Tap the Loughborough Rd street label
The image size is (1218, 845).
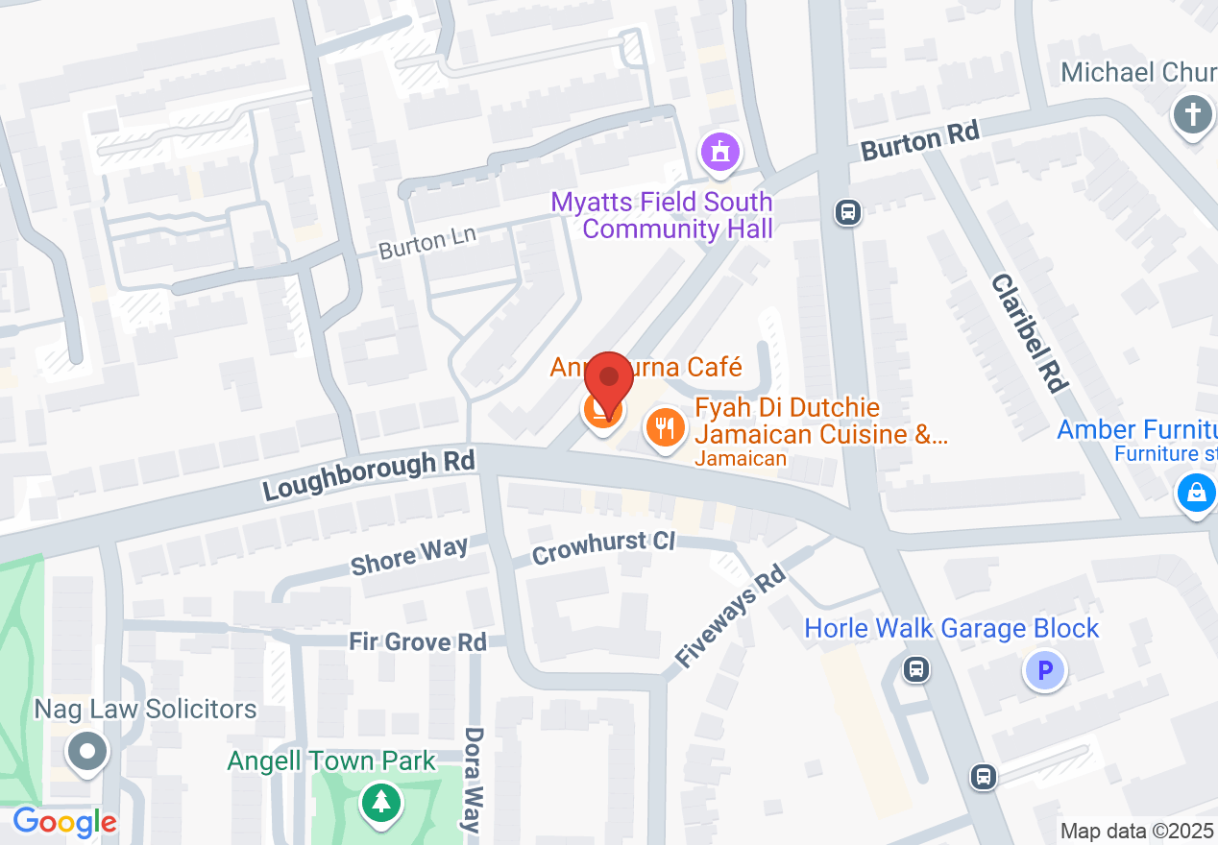[370, 475]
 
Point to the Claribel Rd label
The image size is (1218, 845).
[1030, 332]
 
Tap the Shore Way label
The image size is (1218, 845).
[409, 556]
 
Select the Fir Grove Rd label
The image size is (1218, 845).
[417, 641]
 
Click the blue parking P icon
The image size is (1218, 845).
[1045, 669]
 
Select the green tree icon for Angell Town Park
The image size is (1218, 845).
[381, 802]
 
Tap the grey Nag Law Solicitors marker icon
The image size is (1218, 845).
[88, 751]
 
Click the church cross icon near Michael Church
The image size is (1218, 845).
[1192, 116]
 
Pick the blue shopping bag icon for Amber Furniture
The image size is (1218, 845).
[1196, 494]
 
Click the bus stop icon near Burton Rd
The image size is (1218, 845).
[847, 211]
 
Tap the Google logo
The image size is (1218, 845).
[64, 822]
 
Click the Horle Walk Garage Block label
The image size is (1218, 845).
[951, 629]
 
